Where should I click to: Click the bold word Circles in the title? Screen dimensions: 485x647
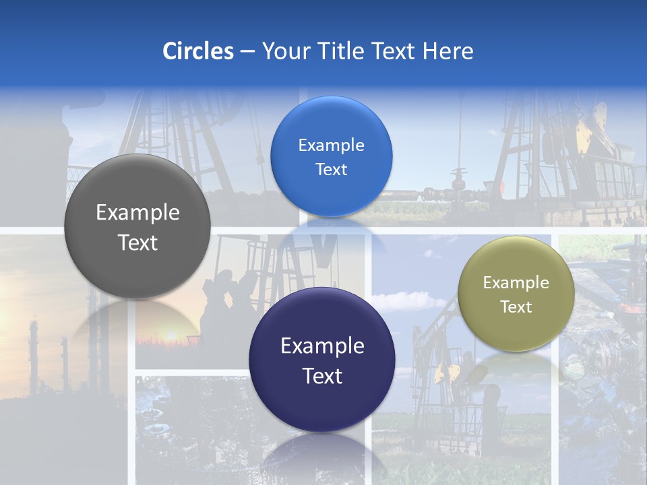coord(198,51)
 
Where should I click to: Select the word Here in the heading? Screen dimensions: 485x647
coord(448,51)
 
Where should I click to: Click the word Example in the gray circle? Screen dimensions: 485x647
coord(137,213)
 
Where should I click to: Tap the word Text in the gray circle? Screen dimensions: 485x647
coord(137,243)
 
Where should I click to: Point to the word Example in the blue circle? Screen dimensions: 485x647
coord(331,145)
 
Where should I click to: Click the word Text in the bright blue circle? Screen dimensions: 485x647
coord(331,169)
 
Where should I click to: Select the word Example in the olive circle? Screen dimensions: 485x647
coord(516,282)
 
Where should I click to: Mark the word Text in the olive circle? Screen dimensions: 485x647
coord(516,306)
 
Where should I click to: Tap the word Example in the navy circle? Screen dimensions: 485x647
coord(322,346)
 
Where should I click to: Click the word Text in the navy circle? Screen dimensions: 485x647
coord(322,376)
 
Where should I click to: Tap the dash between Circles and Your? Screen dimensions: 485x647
coord(247,51)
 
